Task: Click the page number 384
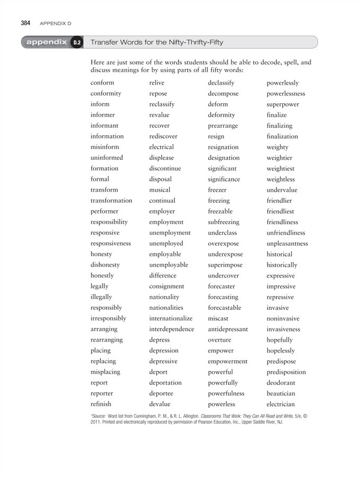click(x=25, y=23)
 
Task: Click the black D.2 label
click(x=77, y=42)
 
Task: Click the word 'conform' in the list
click(x=102, y=83)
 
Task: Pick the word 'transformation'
click(x=111, y=201)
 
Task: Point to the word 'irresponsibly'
click(x=108, y=318)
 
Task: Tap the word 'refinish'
click(x=101, y=404)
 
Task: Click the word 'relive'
click(x=157, y=83)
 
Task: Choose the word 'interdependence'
click(x=172, y=329)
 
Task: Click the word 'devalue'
click(x=159, y=404)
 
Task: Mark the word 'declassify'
click(x=221, y=83)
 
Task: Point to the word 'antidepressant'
click(x=228, y=329)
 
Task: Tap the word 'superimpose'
click(x=225, y=265)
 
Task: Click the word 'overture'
click(x=220, y=340)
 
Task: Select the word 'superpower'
click(x=283, y=104)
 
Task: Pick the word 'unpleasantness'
click(x=287, y=243)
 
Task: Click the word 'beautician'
click(x=281, y=393)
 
